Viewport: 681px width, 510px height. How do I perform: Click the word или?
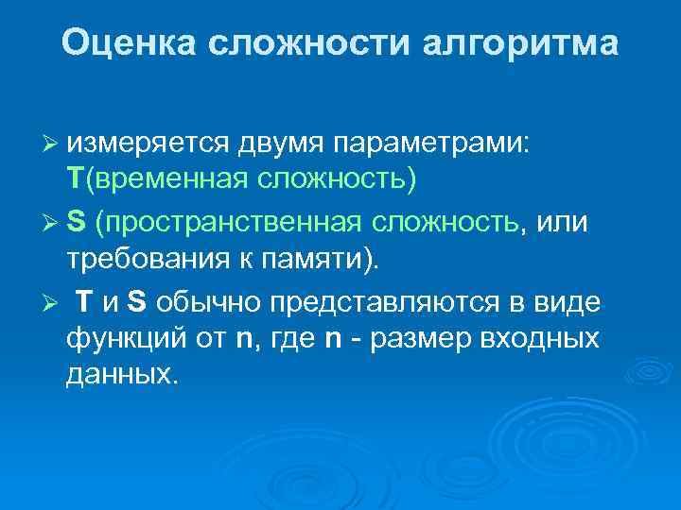click(564, 223)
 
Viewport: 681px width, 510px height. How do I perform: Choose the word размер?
click(427, 338)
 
